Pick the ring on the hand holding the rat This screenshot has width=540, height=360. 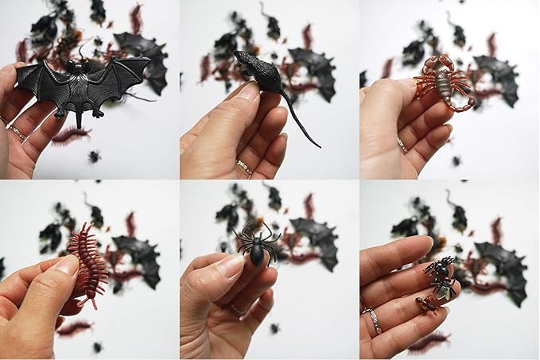click(x=244, y=168)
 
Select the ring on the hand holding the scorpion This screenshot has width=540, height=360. click(x=402, y=145)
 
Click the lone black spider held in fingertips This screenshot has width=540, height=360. click(x=258, y=243)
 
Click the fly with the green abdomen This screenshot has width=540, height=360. click(x=445, y=289)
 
